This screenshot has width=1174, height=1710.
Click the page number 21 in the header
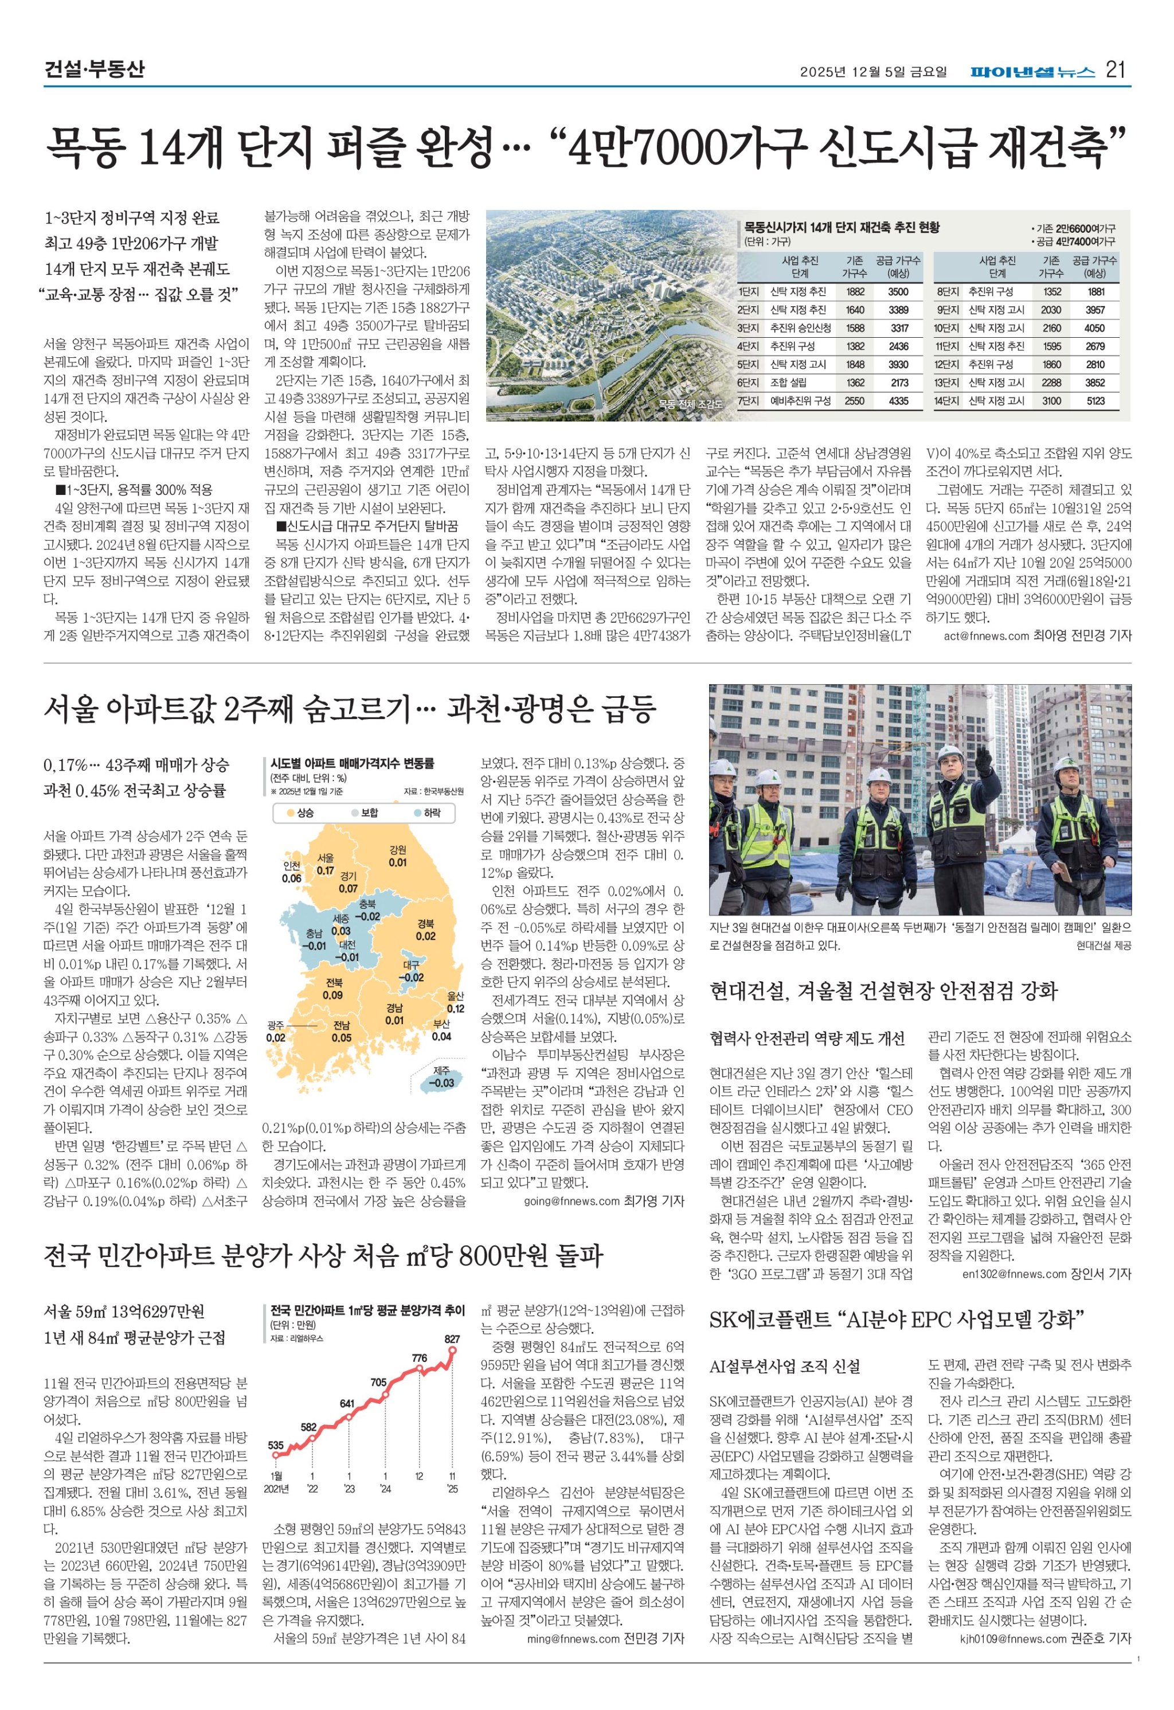(1116, 71)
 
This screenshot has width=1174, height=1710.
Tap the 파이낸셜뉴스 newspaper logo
(1032, 71)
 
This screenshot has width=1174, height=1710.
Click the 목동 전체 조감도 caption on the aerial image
(690, 403)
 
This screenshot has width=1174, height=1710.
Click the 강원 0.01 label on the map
(398, 857)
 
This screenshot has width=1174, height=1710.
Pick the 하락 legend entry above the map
(426, 813)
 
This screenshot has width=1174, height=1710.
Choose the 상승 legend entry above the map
(299, 813)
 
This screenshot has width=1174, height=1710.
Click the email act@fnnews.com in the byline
(985, 636)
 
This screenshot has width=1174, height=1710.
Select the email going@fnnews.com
(572, 1201)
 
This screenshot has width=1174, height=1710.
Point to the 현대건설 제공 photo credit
(1103, 946)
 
